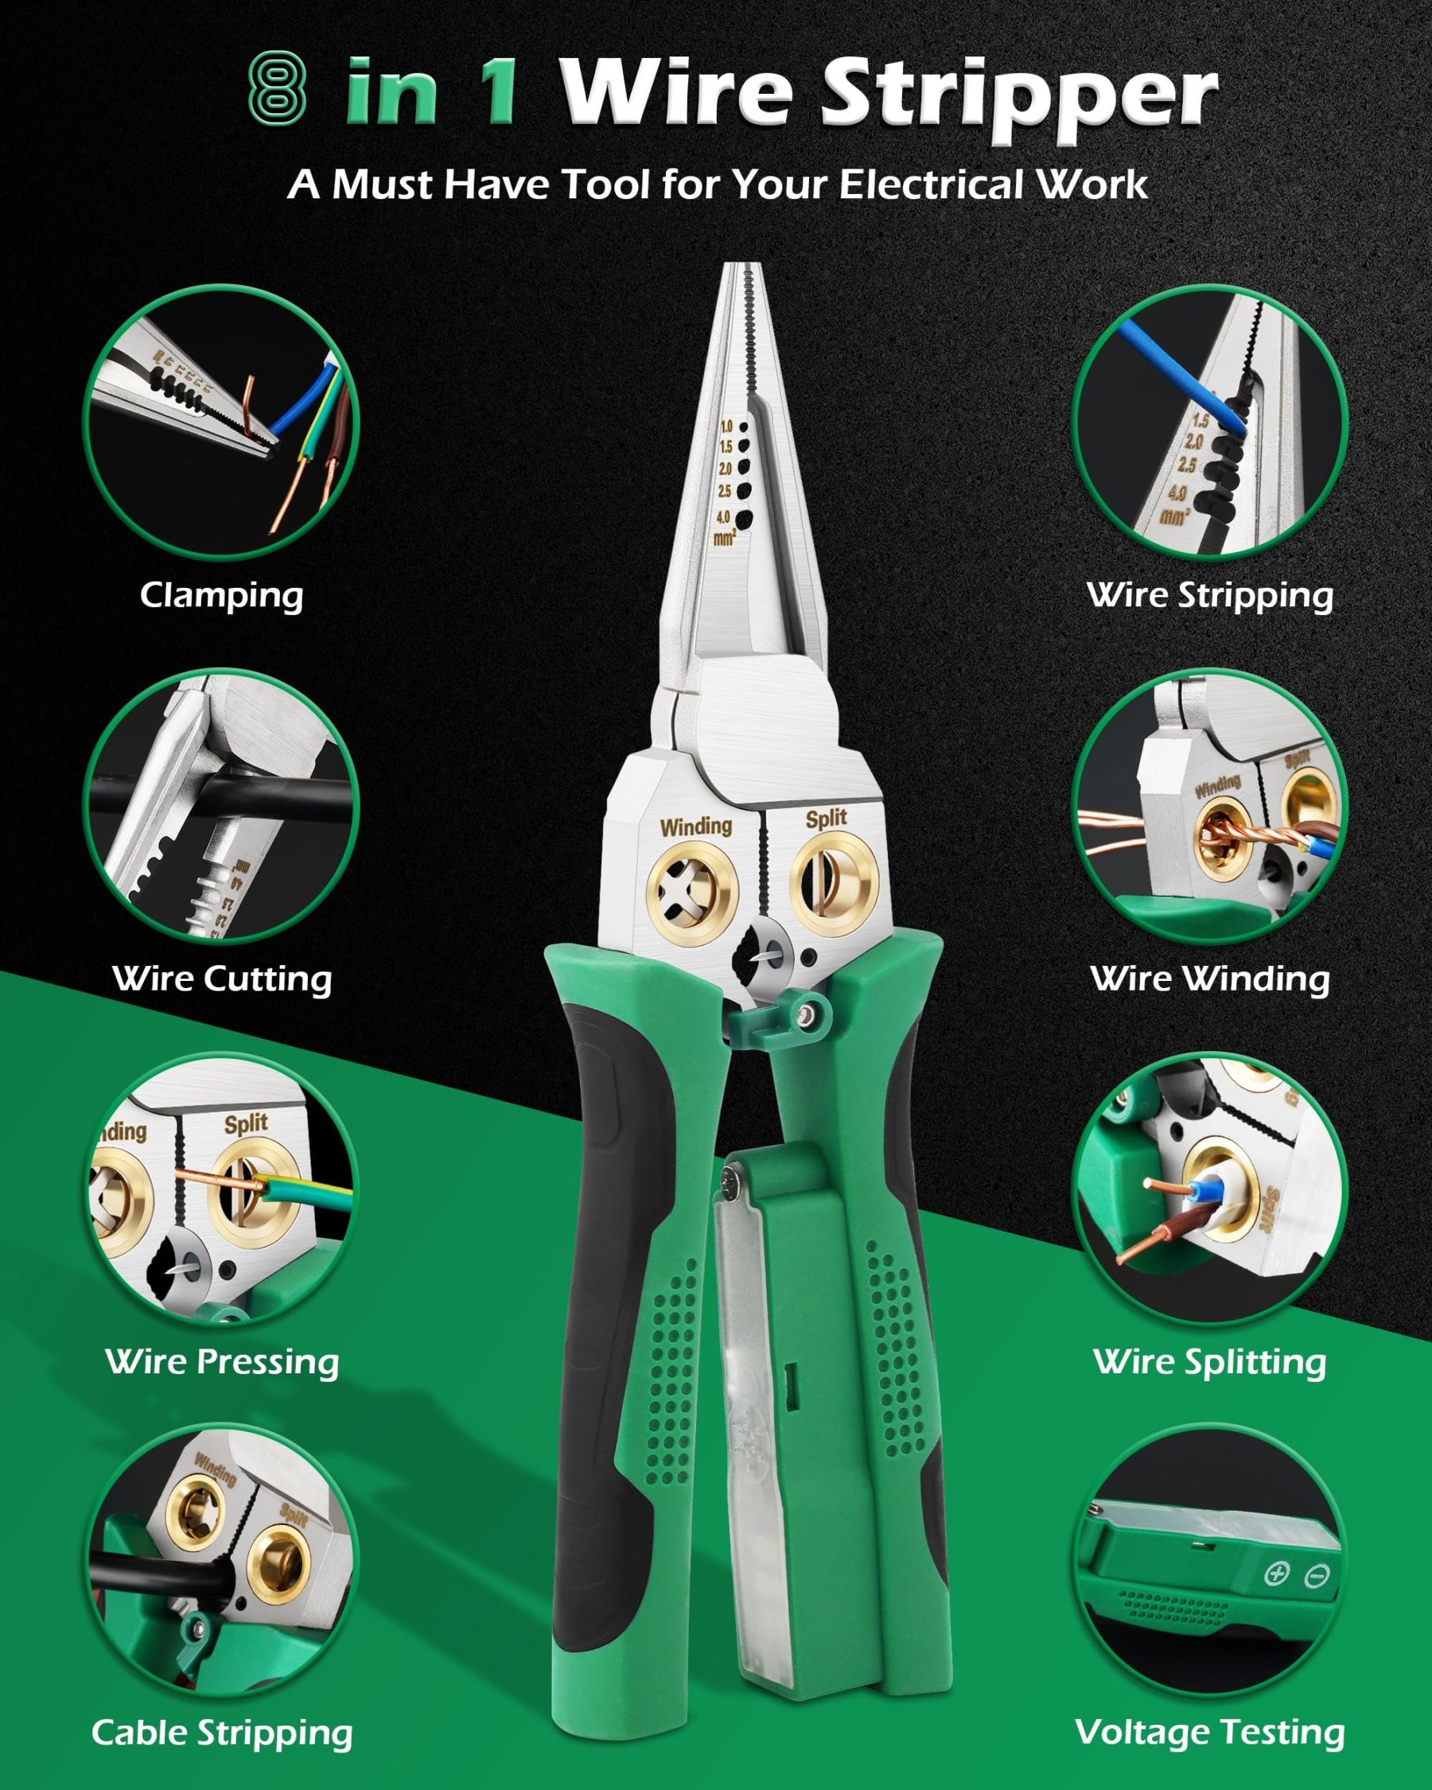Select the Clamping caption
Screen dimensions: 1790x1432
click(x=221, y=595)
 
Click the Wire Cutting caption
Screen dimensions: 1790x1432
click(x=222, y=979)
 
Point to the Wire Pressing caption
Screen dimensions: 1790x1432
click(x=222, y=1363)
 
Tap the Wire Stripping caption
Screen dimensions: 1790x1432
click(x=1209, y=595)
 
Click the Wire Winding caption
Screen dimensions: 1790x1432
click(x=1209, y=979)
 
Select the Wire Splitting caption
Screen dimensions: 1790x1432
click(x=1209, y=1363)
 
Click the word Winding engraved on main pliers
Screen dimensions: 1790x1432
click(x=695, y=826)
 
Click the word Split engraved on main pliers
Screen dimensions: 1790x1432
click(x=826, y=819)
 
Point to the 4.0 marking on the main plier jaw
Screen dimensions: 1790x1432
click(x=723, y=517)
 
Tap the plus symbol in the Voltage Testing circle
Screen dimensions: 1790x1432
click(x=1276, y=1574)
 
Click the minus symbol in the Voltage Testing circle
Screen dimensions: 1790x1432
click(x=1317, y=1575)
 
